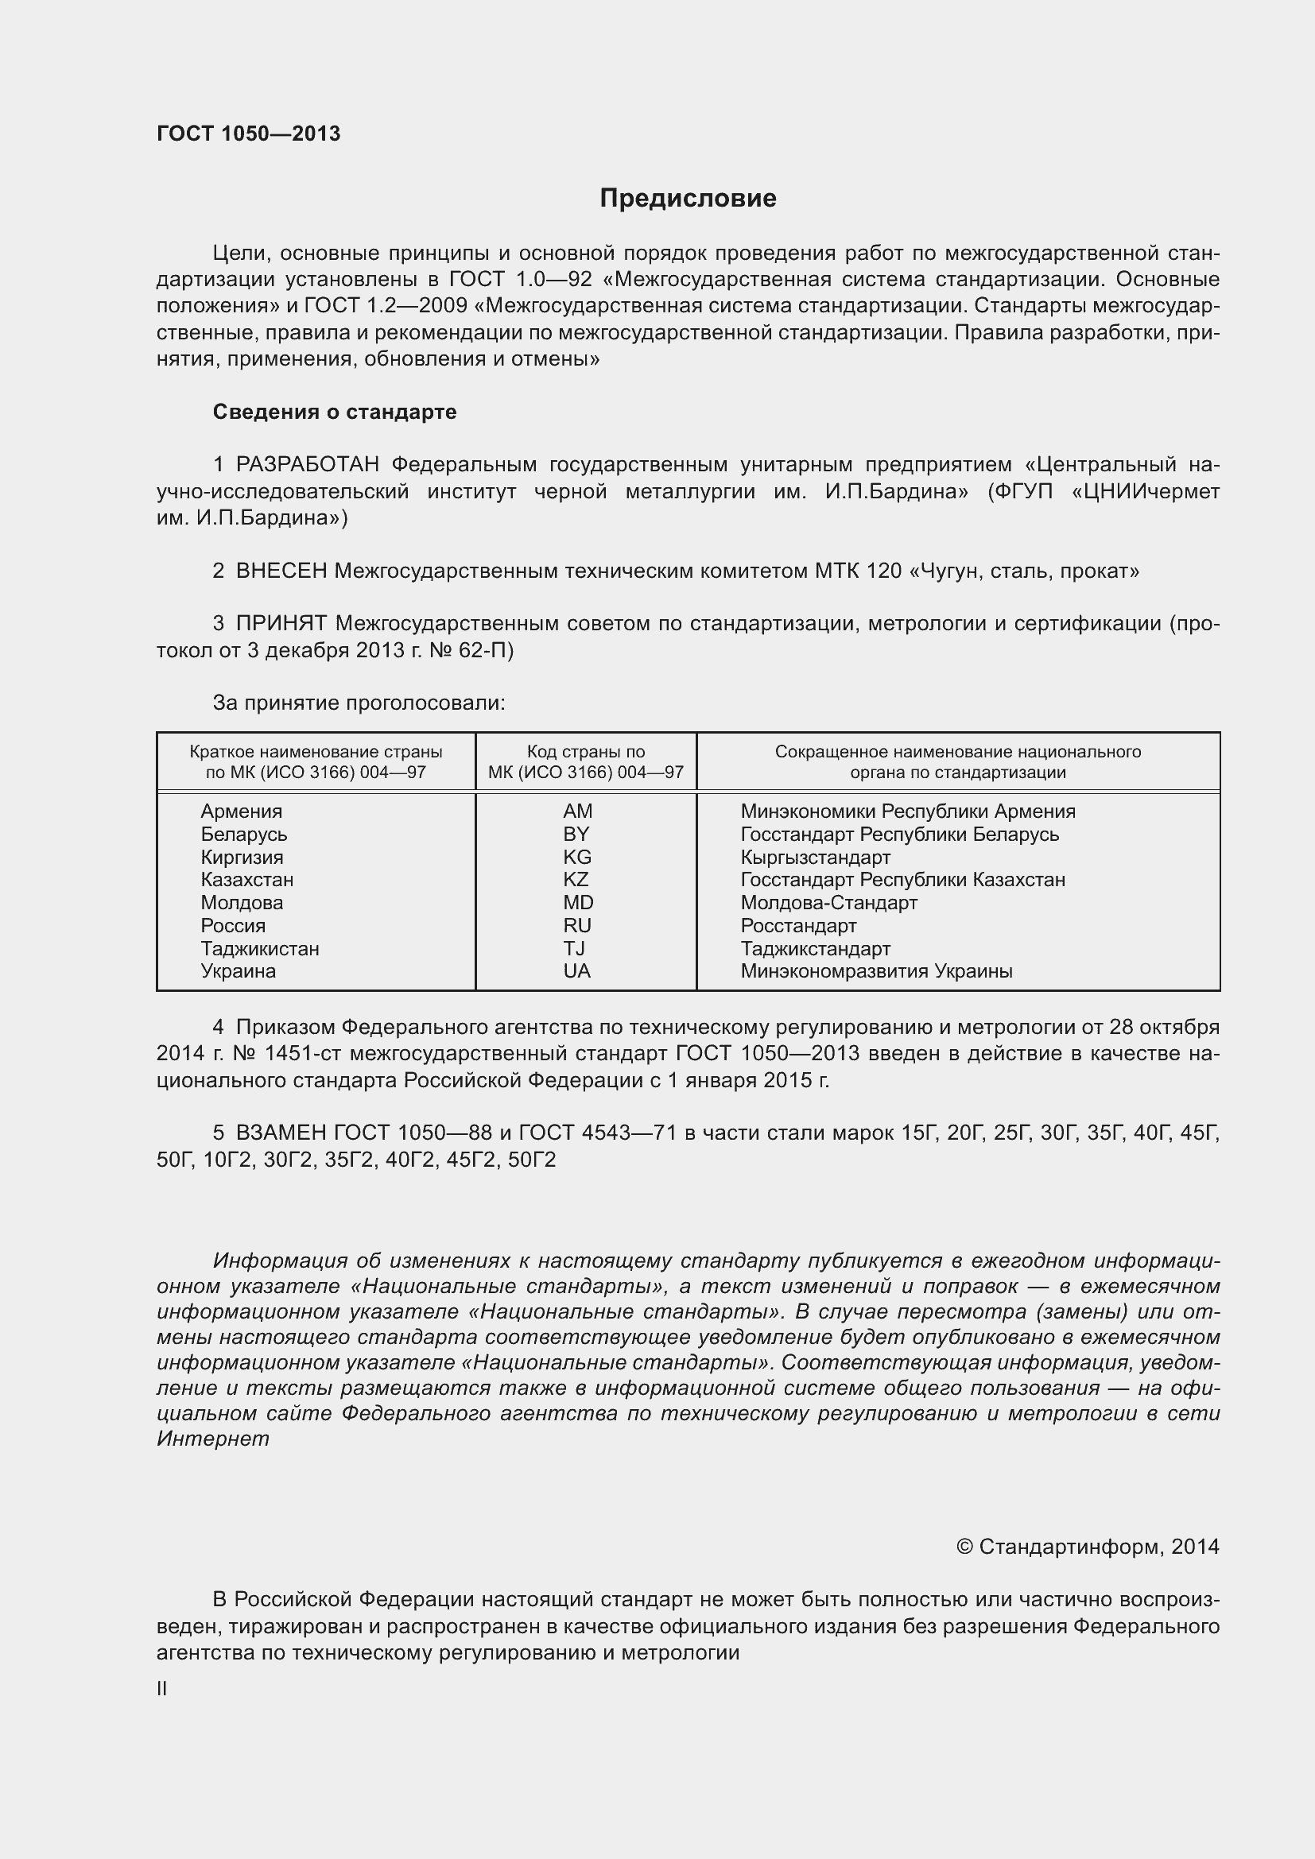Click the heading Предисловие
click(688, 199)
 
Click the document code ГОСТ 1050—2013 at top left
click(249, 134)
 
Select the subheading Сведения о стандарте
click(335, 412)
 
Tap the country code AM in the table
click(577, 811)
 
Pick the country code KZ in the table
click(576, 879)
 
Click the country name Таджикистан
click(260, 948)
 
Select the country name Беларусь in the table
click(244, 834)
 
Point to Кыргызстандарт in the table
click(815, 857)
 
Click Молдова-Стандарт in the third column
click(828, 902)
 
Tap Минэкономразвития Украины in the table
click(876, 970)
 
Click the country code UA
click(576, 970)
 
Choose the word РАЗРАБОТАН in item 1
click(308, 465)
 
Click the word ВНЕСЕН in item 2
click(281, 571)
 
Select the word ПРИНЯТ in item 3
click(281, 623)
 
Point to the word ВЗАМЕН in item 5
click(281, 1133)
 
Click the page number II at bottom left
click(162, 1689)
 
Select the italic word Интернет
click(213, 1439)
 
